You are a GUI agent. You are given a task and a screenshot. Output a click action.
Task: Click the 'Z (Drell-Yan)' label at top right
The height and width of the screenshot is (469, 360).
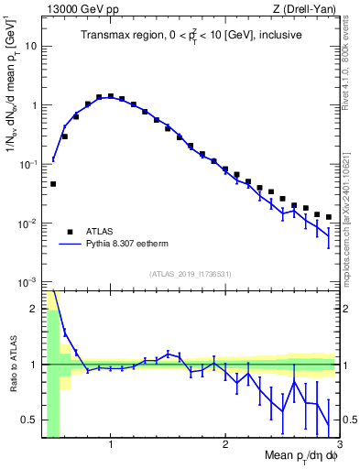(310, 8)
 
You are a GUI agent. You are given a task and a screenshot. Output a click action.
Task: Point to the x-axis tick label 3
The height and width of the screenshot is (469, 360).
(338, 445)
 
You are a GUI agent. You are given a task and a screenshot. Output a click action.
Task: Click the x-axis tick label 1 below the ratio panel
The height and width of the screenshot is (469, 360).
(111, 445)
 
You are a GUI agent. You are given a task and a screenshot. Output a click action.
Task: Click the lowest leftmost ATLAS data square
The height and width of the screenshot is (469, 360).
(53, 184)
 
